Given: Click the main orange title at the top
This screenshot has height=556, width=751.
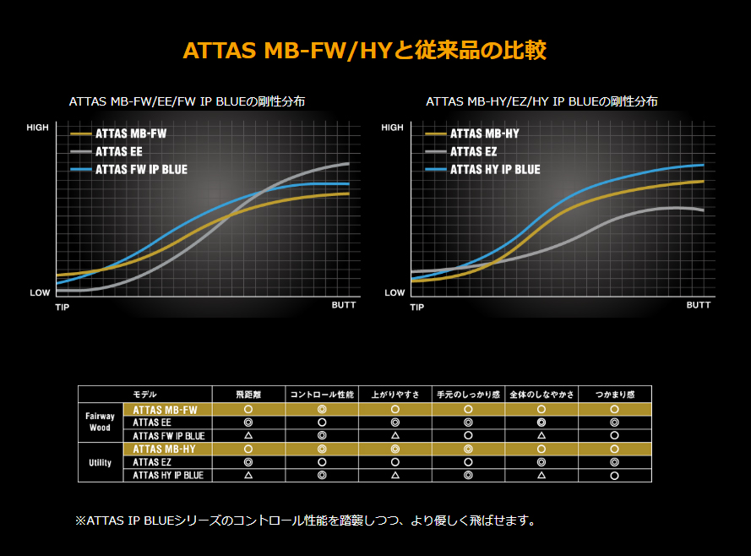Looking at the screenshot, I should (364, 50).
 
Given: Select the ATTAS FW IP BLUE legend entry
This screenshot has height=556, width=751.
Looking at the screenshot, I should (141, 170).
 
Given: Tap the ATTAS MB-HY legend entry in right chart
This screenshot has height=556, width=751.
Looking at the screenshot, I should (484, 134).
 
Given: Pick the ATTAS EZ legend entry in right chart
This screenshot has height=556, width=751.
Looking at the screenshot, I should (473, 151).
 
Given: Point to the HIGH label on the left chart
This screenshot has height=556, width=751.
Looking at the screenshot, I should (38, 128).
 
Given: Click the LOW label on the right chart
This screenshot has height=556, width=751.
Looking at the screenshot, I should (395, 293).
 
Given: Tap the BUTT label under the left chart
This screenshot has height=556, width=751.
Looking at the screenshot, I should (343, 305).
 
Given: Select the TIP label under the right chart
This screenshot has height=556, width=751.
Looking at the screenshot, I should (416, 307).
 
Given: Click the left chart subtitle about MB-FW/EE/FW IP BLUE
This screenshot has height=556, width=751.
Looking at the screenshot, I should (187, 101).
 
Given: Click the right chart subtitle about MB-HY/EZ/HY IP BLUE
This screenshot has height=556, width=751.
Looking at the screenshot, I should (541, 101).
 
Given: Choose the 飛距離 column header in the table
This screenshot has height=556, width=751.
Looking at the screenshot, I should (248, 395).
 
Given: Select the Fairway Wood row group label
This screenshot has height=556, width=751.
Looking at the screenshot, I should (101, 422).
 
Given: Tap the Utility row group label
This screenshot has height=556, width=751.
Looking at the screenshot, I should (101, 462).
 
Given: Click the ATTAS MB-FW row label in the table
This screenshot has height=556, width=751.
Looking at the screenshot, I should (165, 409).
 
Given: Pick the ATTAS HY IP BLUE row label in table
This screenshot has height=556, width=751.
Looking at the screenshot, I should (168, 476).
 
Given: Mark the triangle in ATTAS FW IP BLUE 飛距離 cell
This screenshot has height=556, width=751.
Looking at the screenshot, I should (248, 436).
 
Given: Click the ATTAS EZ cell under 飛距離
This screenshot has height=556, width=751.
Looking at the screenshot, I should (248, 462).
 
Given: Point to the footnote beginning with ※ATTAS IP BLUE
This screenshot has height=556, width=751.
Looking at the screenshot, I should (305, 521).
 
